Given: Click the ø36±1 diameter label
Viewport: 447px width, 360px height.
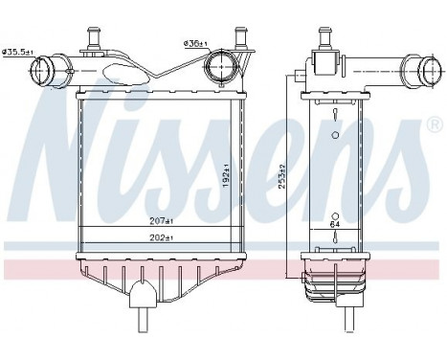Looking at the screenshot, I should [196, 43].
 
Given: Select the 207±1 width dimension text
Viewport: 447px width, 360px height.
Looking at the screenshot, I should [164, 221].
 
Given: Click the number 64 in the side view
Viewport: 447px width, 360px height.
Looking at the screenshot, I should [335, 224].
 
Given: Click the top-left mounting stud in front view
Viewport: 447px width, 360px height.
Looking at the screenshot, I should [97, 37].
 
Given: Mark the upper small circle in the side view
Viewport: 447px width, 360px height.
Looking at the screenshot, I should [335, 135].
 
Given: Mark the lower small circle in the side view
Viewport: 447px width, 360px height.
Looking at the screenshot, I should [335, 213].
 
